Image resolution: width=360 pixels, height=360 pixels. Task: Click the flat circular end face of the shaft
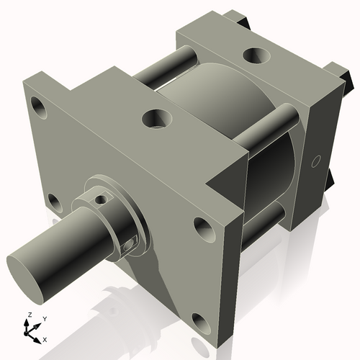pyautogui.click(x=27, y=271)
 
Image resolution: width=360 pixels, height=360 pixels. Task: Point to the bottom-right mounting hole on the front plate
pyautogui.click(x=197, y=318)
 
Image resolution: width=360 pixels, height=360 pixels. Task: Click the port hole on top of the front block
pyautogui.click(x=156, y=117)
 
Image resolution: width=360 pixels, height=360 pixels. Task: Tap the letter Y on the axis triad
pyautogui.click(x=44, y=318)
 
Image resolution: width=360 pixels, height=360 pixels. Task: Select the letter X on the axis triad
pyautogui.click(x=45, y=338)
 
